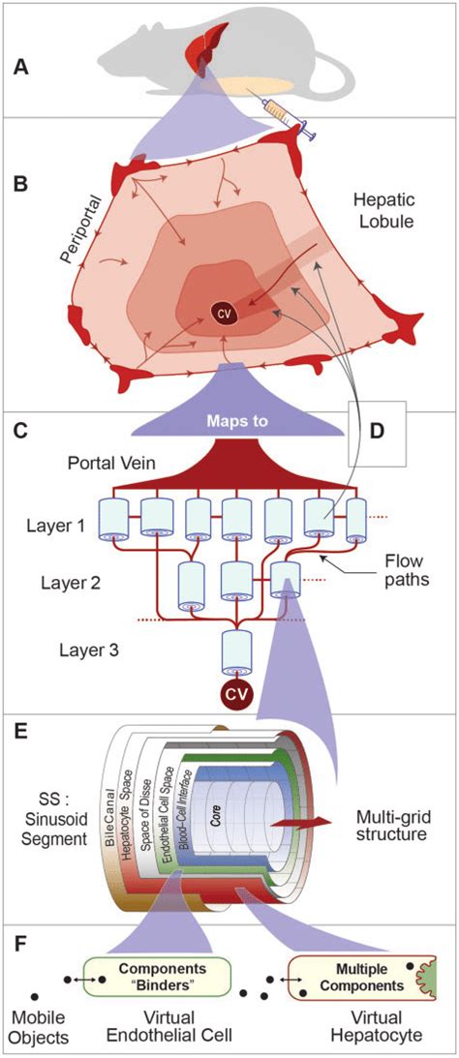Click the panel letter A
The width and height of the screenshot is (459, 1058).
point(20,69)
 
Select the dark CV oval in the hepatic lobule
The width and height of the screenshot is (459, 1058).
point(224,313)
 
